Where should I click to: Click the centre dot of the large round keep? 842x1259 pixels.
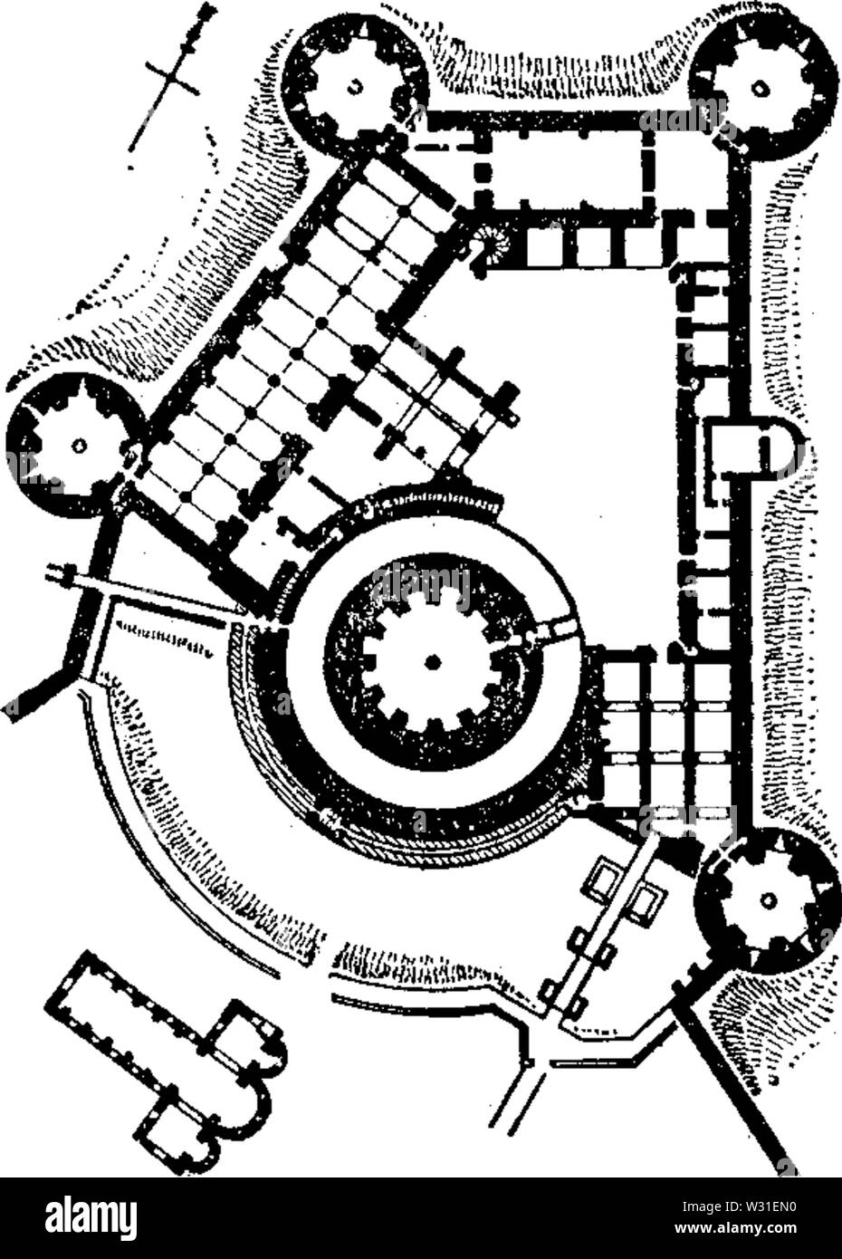click(x=431, y=663)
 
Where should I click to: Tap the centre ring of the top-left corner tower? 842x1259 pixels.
click(x=355, y=87)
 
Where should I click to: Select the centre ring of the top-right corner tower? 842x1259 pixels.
click(x=759, y=88)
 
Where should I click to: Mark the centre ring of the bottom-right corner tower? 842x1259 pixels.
click(x=768, y=899)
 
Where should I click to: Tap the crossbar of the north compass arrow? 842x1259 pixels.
click(x=172, y=79)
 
